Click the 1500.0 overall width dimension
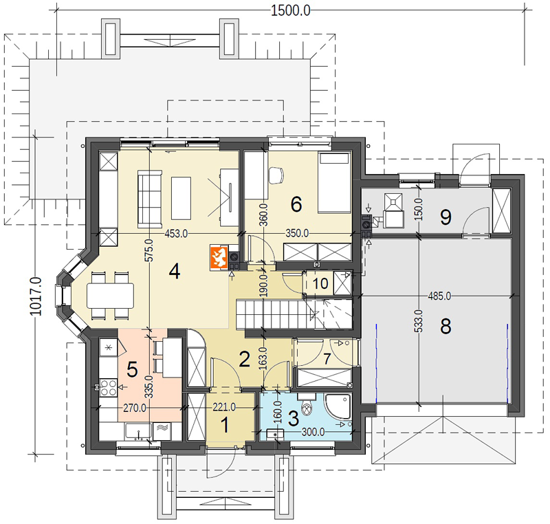pyautogui.click(x=290, y=10)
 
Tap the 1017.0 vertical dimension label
pyautogui.click(x=36, y=296)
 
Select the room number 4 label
pyautogui.click(x=175, y=272)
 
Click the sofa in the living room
pyautogui.click(x=150, y=199)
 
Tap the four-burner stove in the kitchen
pyautogui.click(x=109, y=388)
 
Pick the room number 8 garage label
pyautogui.click(x=445, y=327)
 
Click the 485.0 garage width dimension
pyautogui.click(x=439, y=296)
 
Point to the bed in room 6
pyautogui.click(x=334, y=183)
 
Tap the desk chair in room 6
pyautogui.click(x=276, y=175)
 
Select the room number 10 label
pyautogui.click(x=320, y=283)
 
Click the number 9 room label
pyautogui.click(x=445, y=217)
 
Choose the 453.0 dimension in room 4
pyautogui.click(x=177, y=234)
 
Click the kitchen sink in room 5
pyautogui.click(x=139, y=431)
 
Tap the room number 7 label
pyautogui.click(x=327, y=359)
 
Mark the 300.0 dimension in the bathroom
pyautogui.click(x=313, y=432)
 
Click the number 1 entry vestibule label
pyautogui.click(x=225, y=425)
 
